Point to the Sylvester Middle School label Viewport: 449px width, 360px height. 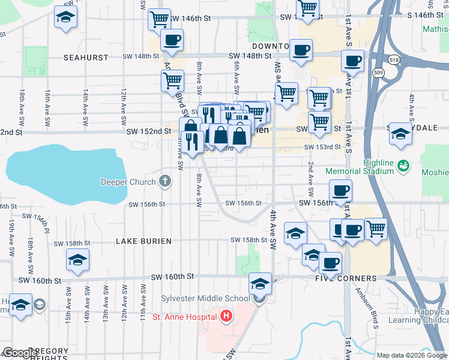coord(205,299)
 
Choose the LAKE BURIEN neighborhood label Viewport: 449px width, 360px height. coord(143,241)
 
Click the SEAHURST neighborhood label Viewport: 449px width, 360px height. coord(85,58)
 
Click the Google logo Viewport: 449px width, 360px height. coord(19,352)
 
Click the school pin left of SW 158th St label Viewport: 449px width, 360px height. coord(77,260)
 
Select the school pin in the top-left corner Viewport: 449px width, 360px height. coord(66,18)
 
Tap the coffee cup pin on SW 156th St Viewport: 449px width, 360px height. coord(340,191)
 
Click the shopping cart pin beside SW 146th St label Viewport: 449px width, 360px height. coord(160,19)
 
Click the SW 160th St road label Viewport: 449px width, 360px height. coord(173,277)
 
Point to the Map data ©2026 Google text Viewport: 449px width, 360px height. coord(411,355)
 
